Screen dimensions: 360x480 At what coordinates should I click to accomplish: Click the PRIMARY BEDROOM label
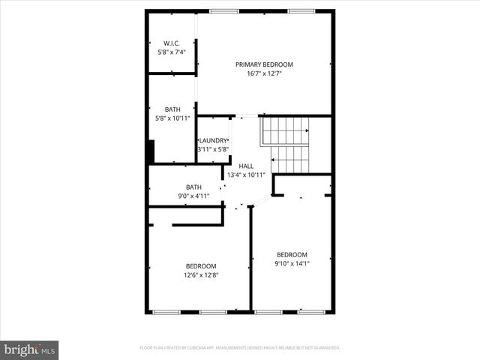coord(264,64)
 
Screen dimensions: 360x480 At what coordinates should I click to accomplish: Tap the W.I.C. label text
coord(172,43)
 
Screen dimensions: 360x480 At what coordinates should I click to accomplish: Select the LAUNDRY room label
coord(213,140)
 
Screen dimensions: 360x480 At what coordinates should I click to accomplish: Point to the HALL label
coord(246,166)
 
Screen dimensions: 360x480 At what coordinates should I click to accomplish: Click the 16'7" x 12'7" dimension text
coord(264,73)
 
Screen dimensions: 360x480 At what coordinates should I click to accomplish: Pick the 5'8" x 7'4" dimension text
coord(172,52)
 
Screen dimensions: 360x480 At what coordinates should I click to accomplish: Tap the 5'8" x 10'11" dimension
coord(172,118)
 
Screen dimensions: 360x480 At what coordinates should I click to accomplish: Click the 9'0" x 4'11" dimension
coord(193,196)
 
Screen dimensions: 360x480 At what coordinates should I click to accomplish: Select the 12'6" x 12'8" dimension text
coord(201,274)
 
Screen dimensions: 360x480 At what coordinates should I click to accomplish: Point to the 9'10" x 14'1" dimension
coord(292,263)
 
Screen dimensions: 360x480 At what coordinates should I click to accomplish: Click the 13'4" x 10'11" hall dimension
coord(246,175)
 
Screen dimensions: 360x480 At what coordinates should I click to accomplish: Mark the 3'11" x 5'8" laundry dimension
coord(213,149)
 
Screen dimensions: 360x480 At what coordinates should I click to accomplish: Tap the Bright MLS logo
coord(30,349)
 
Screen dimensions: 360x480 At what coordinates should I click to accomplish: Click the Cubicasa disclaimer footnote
coord(240,348)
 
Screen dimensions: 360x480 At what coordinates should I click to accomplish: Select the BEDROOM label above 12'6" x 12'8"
coord(201,265)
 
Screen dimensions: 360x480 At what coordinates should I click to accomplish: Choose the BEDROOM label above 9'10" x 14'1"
coord(292,254)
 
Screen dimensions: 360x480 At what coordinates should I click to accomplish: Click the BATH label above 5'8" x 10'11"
coord(172,109)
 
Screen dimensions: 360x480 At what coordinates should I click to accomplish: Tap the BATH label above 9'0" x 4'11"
coord(193,187)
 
